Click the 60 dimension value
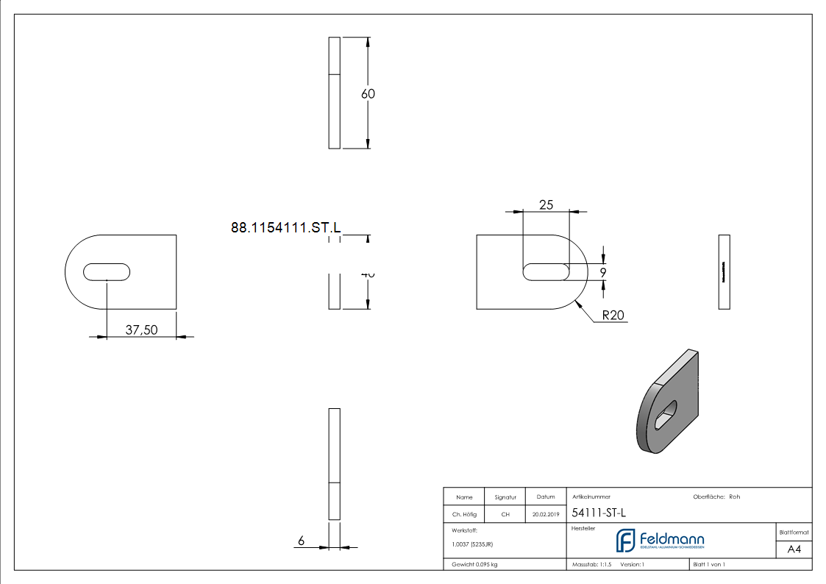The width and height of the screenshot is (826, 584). (368, 94)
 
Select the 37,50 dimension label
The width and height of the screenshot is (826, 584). (141, 330)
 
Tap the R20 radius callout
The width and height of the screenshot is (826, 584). (613, 316)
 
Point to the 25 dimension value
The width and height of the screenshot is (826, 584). (546, 205)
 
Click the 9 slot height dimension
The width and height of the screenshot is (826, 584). (603, 272)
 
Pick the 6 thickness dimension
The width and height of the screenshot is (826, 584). (301, 541)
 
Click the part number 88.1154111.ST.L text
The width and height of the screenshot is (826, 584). (286, 228)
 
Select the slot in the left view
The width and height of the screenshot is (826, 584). (107, 271)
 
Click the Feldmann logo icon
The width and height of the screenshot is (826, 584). (625, 541)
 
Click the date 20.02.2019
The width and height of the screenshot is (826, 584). (546, 515)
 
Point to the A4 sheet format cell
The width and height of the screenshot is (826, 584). (794, 549)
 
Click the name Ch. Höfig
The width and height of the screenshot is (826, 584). (463, 515)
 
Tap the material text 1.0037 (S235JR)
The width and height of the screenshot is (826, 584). (472, 544)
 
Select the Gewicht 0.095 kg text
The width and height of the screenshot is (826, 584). (475, 564)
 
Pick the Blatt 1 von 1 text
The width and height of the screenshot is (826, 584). (709, 564)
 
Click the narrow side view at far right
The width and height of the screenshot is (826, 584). (724, 271)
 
